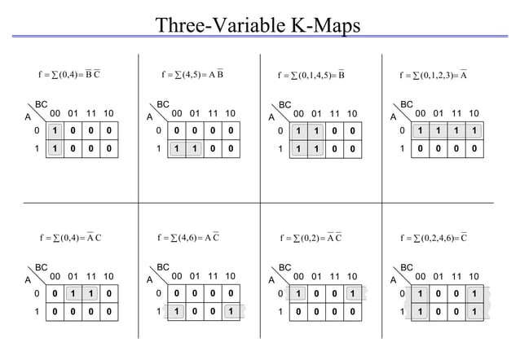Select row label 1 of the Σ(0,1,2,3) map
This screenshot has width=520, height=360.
tap(402, 149)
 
